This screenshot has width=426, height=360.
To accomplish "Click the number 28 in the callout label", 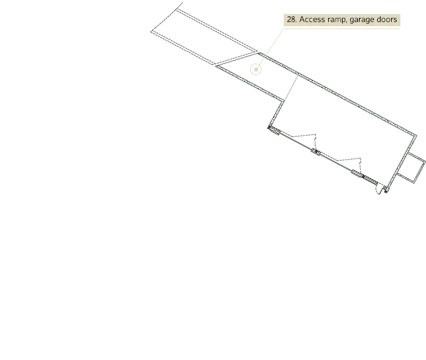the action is point(291,20).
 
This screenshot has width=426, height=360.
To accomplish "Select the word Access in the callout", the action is point(312,20).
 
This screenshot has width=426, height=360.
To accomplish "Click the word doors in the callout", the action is point(386,20).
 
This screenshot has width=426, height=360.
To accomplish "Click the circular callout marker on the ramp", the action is point(256,69).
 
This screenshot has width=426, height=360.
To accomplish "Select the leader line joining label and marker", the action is point(269,49).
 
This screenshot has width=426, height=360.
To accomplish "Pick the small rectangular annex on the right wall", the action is point(411,168).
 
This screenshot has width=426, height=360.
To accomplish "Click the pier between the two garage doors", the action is point(315,152).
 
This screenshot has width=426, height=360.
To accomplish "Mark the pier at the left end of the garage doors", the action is point(274,130).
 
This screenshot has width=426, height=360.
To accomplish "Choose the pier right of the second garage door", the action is point(357,174).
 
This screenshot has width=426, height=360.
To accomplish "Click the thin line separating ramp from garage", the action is point(291,89).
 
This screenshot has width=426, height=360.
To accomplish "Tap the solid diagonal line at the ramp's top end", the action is point(237,59).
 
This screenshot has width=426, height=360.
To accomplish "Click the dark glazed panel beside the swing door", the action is point(369,180).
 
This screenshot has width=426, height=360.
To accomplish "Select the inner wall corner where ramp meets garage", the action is point(284,101).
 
